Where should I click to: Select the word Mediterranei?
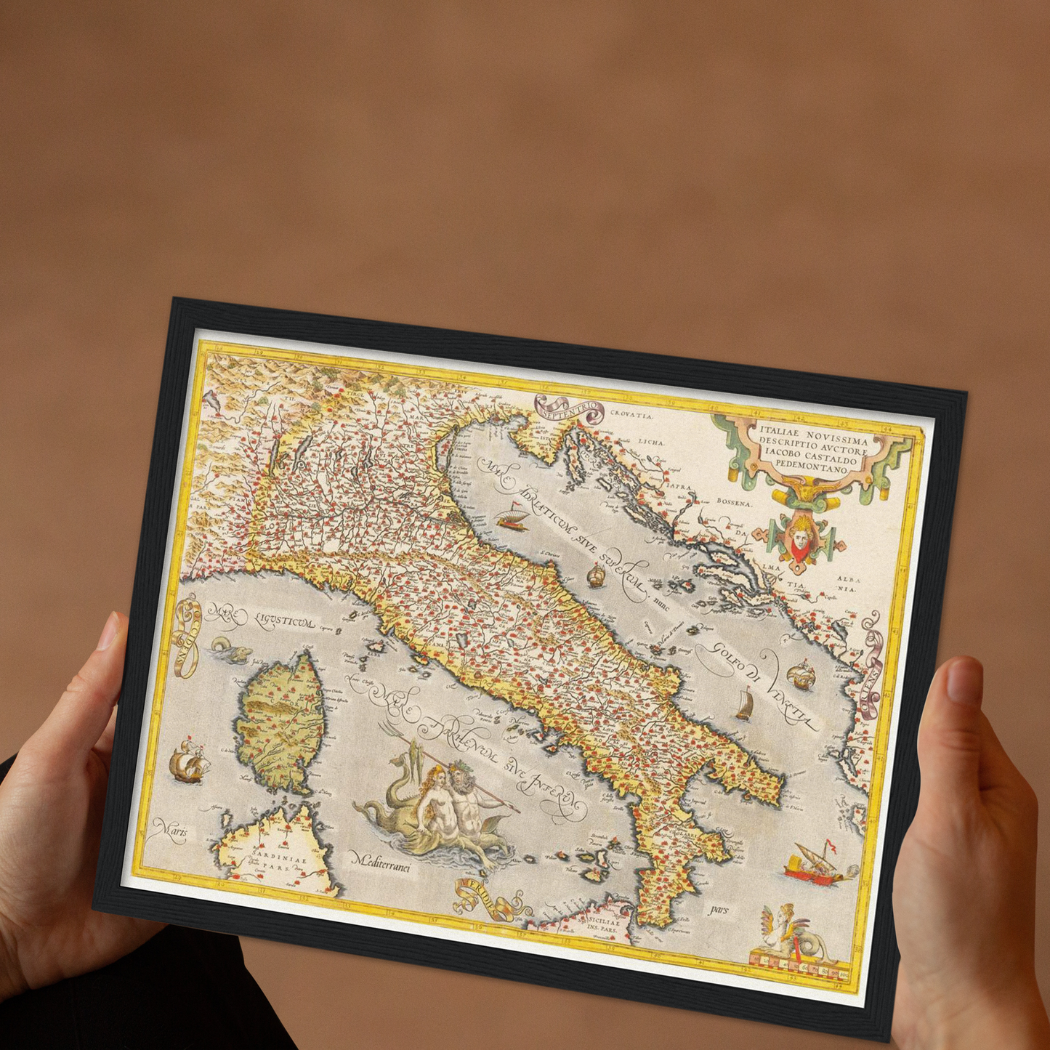point(381,862)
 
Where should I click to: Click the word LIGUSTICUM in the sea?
point(284,622)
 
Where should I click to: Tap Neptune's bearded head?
point(460,775)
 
